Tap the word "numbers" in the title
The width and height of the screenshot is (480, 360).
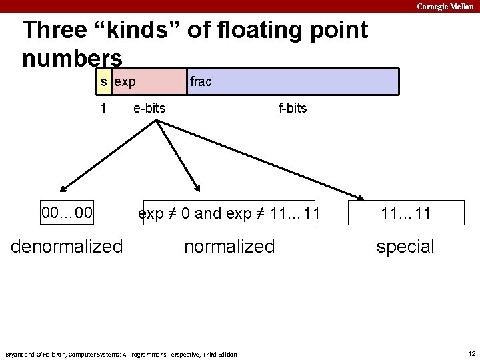point(72,58)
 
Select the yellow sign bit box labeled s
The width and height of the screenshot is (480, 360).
point(103,82)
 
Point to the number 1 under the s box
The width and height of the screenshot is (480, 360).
point(103,107)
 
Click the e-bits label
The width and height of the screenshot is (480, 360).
point(149,107)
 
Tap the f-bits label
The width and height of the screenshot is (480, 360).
point(293,107)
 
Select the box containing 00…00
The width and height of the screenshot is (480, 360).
point(67,213)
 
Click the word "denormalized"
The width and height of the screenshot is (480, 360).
point(67,247)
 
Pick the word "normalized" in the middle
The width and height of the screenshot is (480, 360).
point(229,247)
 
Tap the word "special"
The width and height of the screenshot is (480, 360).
point(405,247)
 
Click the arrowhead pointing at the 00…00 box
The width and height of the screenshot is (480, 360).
point(62,190)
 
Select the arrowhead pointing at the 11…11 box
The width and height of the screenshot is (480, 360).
point(360,196)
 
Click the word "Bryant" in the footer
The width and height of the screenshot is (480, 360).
point(15,354)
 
